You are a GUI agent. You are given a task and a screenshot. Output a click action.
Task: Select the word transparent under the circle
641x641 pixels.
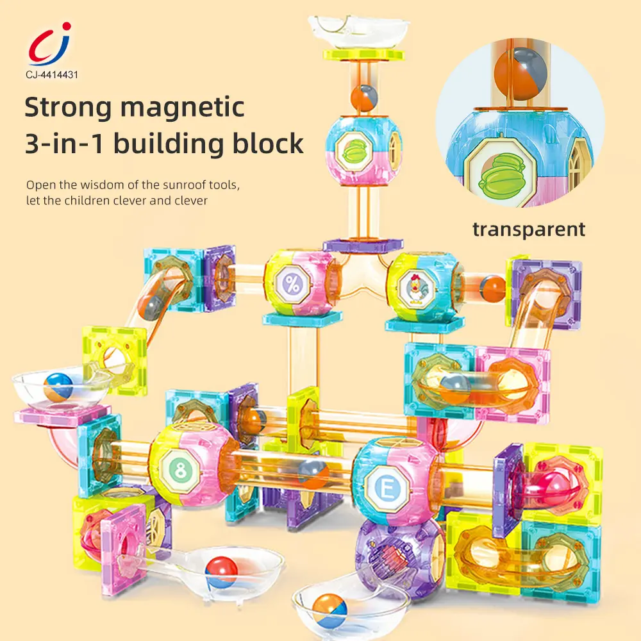(x=529, y=229)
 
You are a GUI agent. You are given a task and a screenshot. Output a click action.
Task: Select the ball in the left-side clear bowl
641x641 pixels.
(x=58, y=387)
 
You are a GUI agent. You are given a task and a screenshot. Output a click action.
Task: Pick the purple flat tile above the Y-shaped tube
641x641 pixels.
(x=363, y=245)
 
